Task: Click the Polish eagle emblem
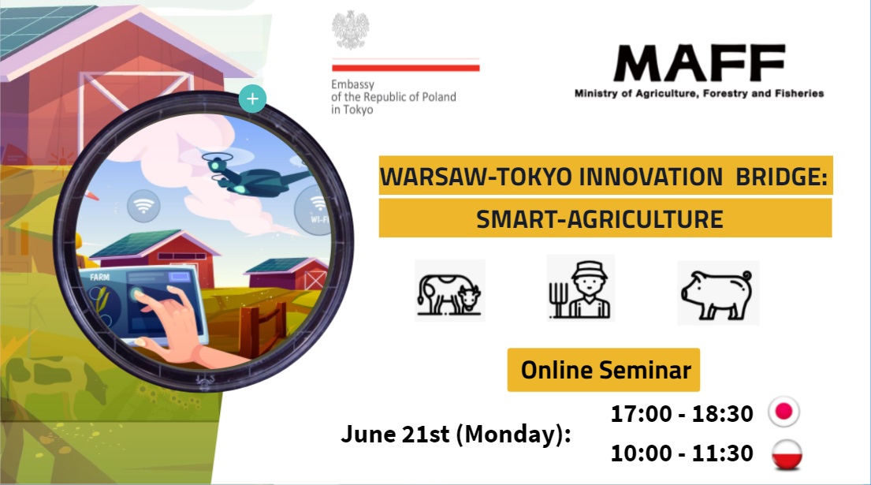(x=351, y=30)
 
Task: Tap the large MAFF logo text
(x=699, y=63)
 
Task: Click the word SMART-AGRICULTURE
(x=599, y=219)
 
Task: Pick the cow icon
(x=449, y=291)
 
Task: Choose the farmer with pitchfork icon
(x=580, y=289)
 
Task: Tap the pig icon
(x=717, y=293)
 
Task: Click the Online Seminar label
(x=603, y=370)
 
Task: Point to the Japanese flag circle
(x=784, y=412)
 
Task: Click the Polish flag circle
(x=787, y=454)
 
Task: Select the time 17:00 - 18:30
(x=682, y=414)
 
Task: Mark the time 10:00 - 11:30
(x=682, y=453)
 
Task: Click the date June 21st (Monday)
(x=456, y=434)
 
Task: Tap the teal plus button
(x=253, y=99)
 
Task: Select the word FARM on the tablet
(x=100, y=278)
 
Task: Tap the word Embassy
(x=352, y=84)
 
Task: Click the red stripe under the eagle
(x=405, y=68)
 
